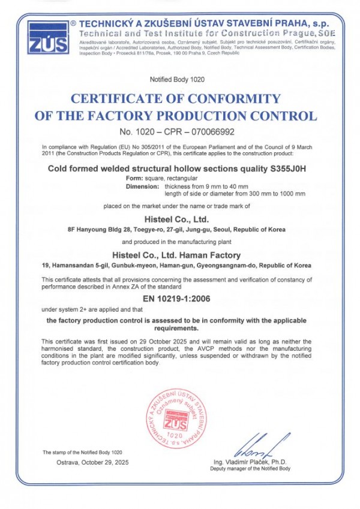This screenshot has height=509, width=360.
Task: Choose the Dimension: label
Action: click(x=142, y=186)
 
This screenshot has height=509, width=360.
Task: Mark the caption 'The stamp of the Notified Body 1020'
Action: click(x=82, y=451)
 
